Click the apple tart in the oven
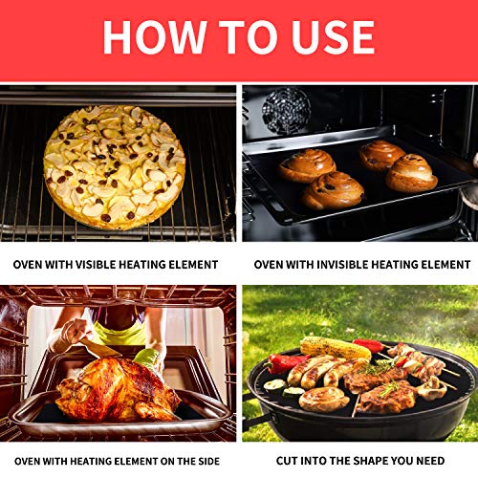115,165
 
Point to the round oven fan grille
286,109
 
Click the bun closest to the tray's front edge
333,191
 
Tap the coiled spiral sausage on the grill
324,398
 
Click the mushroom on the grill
433,387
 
